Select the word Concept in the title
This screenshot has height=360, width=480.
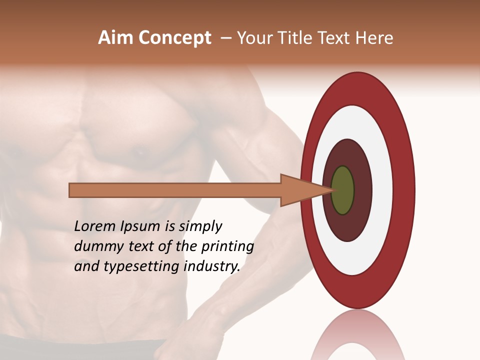click(x=174, y=38)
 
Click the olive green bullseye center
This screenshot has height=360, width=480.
click(x=342, y=190)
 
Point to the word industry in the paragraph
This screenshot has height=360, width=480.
click(x=212, y=267)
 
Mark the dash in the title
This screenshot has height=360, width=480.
click(x=225, y=38)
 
